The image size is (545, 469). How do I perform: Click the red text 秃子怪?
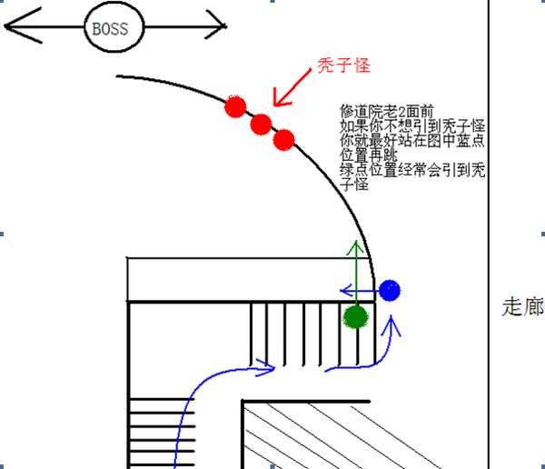(343, 66)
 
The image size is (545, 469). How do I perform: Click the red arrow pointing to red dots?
(291, 88)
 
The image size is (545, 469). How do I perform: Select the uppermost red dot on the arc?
(236, 106)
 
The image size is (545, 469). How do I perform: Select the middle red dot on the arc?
(261, 125)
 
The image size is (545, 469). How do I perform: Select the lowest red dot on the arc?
(283, 139)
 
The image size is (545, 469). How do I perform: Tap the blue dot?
(389, 291)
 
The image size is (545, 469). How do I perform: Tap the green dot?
(355, 316)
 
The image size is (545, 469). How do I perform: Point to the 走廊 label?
(522, 307)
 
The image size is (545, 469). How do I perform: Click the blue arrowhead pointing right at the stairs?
(268, 367)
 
